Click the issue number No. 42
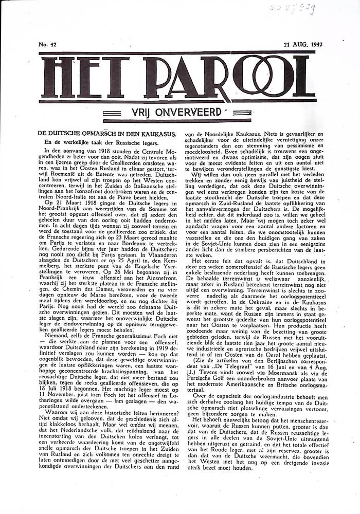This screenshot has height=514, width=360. (47, 45)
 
